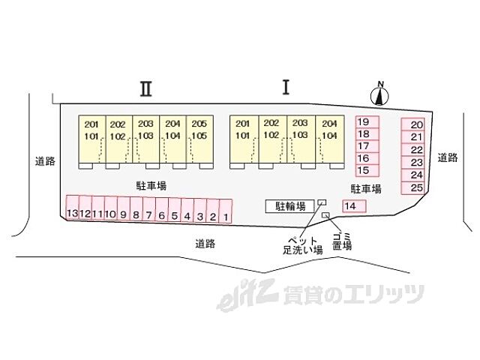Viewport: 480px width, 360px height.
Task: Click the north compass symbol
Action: click(379, 94)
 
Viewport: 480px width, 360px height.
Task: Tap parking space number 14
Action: click(354, 206)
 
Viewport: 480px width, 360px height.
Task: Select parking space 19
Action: click(367, 122)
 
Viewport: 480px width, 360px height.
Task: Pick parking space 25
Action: click(412, 187)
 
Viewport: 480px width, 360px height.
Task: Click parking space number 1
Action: click(226, 211)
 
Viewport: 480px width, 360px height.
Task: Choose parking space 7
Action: click(149, 209)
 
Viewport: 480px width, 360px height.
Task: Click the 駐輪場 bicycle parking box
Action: click(290, 206)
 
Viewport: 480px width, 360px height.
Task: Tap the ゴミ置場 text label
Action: click(342, 241)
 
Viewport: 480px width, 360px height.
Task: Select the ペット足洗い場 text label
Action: click(302, 245)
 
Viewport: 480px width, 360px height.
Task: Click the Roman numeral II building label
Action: click(146, 88)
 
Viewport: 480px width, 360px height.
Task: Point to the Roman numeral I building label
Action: click(286, 87)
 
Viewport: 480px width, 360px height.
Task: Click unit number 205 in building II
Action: click(199, 124)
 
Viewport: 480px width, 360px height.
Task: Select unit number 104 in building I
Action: click(329, 135)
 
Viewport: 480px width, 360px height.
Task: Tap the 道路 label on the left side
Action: click(45, 161)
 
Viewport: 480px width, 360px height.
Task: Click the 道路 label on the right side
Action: click(448, 157)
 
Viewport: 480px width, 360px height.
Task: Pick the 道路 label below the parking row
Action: click(205, 244)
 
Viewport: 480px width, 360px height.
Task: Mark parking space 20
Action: click(412, 124)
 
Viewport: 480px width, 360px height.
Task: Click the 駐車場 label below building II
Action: click(151, 185)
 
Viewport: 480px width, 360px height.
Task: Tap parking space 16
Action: click(367, 158)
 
